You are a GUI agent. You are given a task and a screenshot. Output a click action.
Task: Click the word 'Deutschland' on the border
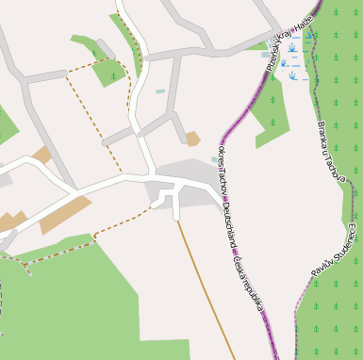point(230,227)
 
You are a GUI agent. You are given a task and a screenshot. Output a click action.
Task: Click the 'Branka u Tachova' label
point(330,150)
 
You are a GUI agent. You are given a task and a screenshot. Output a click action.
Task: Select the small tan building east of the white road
point(192,139)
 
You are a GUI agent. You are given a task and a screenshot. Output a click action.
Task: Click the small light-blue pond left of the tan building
point(160,91)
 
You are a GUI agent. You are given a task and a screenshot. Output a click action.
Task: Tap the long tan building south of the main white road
point(65,216)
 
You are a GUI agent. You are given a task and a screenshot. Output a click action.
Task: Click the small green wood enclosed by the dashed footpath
point(110,72)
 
